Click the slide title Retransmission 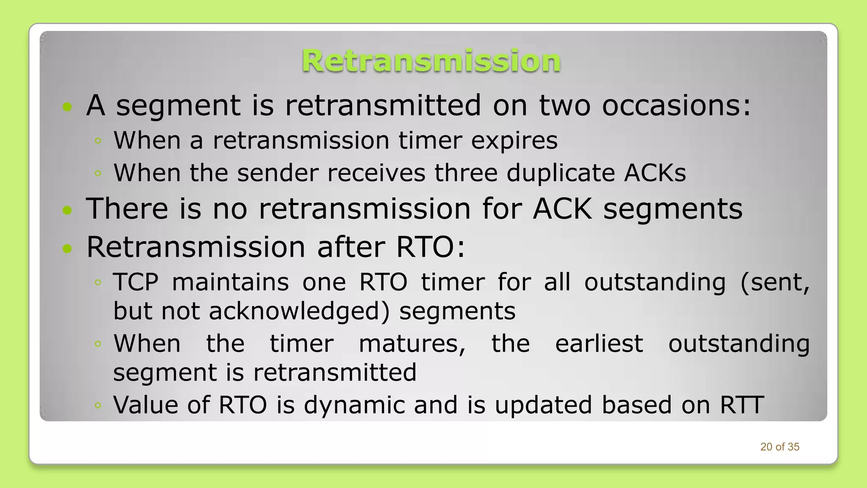click(x=431, y=61)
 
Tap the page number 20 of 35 click(x=779, y=447)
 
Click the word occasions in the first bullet click(x=676, y=105)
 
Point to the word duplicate click(x=561, y=173)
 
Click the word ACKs click(x=654, y=173)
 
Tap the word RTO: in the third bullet click(x=430, y=247)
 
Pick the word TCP click(x=136, y=282)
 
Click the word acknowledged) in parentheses click(x=299, y=311)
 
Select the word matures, click(x=412, y=344)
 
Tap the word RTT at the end click(x=742, y=405)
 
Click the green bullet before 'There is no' click(x=67, y=210)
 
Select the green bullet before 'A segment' click(x=67, y=107)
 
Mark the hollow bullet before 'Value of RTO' click(x=98, y=406)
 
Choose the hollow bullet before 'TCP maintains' click(x=98, y=283)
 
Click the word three click(x=465, y=173)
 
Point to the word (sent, click(x=775, y=283)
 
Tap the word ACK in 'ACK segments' click(x=562, y=209)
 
